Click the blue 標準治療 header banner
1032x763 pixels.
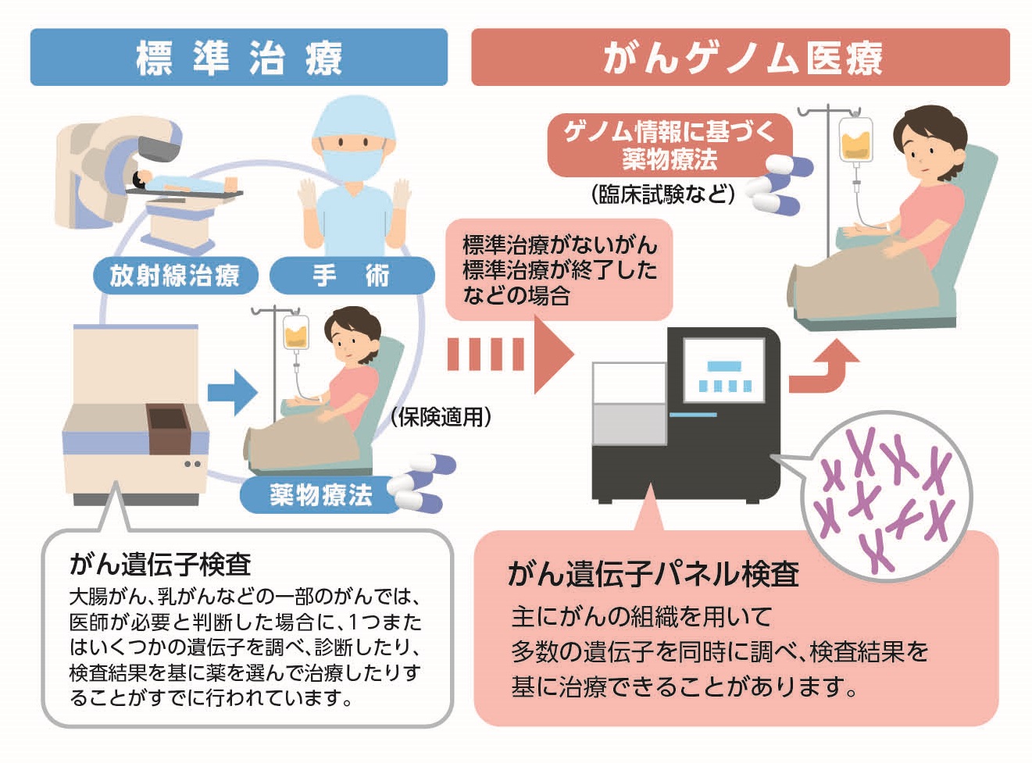click(238, 57)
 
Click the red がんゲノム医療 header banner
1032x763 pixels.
click(740, 57)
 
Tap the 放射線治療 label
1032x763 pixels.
click(174, 276)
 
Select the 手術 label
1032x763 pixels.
click(351, 276)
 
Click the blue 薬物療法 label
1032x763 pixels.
click(320, 494)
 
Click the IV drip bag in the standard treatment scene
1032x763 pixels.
click(295, 332)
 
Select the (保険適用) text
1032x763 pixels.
click(441, 417)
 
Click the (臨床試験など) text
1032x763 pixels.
click(663, 194)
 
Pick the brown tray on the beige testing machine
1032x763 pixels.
click(169, 428)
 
